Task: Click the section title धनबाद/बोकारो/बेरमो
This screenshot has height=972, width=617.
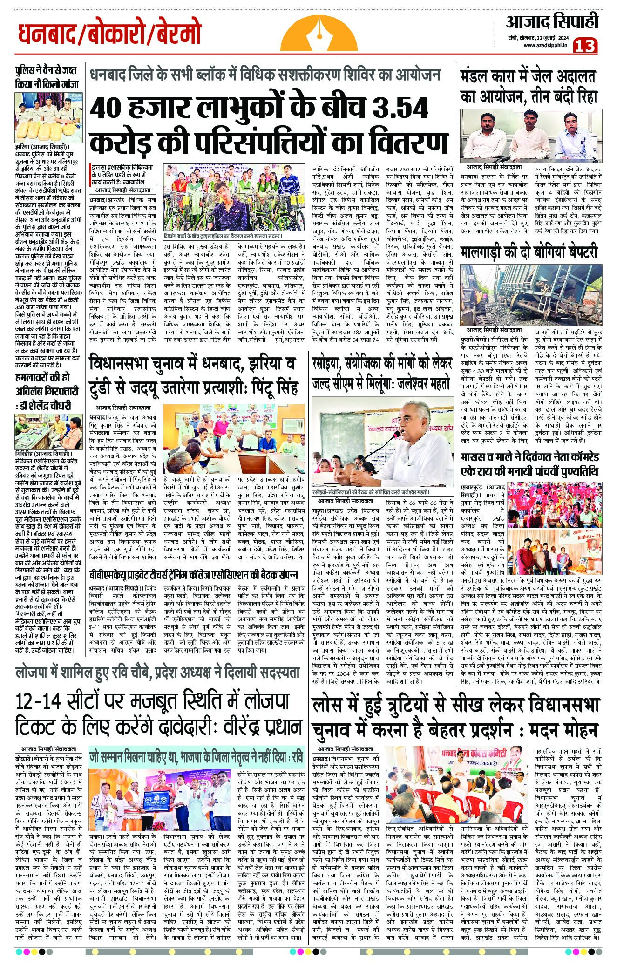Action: point(110,34)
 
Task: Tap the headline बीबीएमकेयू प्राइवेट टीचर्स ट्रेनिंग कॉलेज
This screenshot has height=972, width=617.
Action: point(193,575)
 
